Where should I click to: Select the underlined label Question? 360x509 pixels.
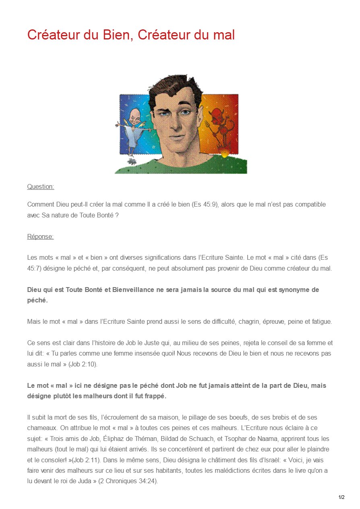click(x=40, y=187)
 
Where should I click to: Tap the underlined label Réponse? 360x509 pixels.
click(x=40, y=237)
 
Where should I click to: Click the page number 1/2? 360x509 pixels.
click(x=341, y=497)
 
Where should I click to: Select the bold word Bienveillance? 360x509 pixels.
click(x=125, y=290)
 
